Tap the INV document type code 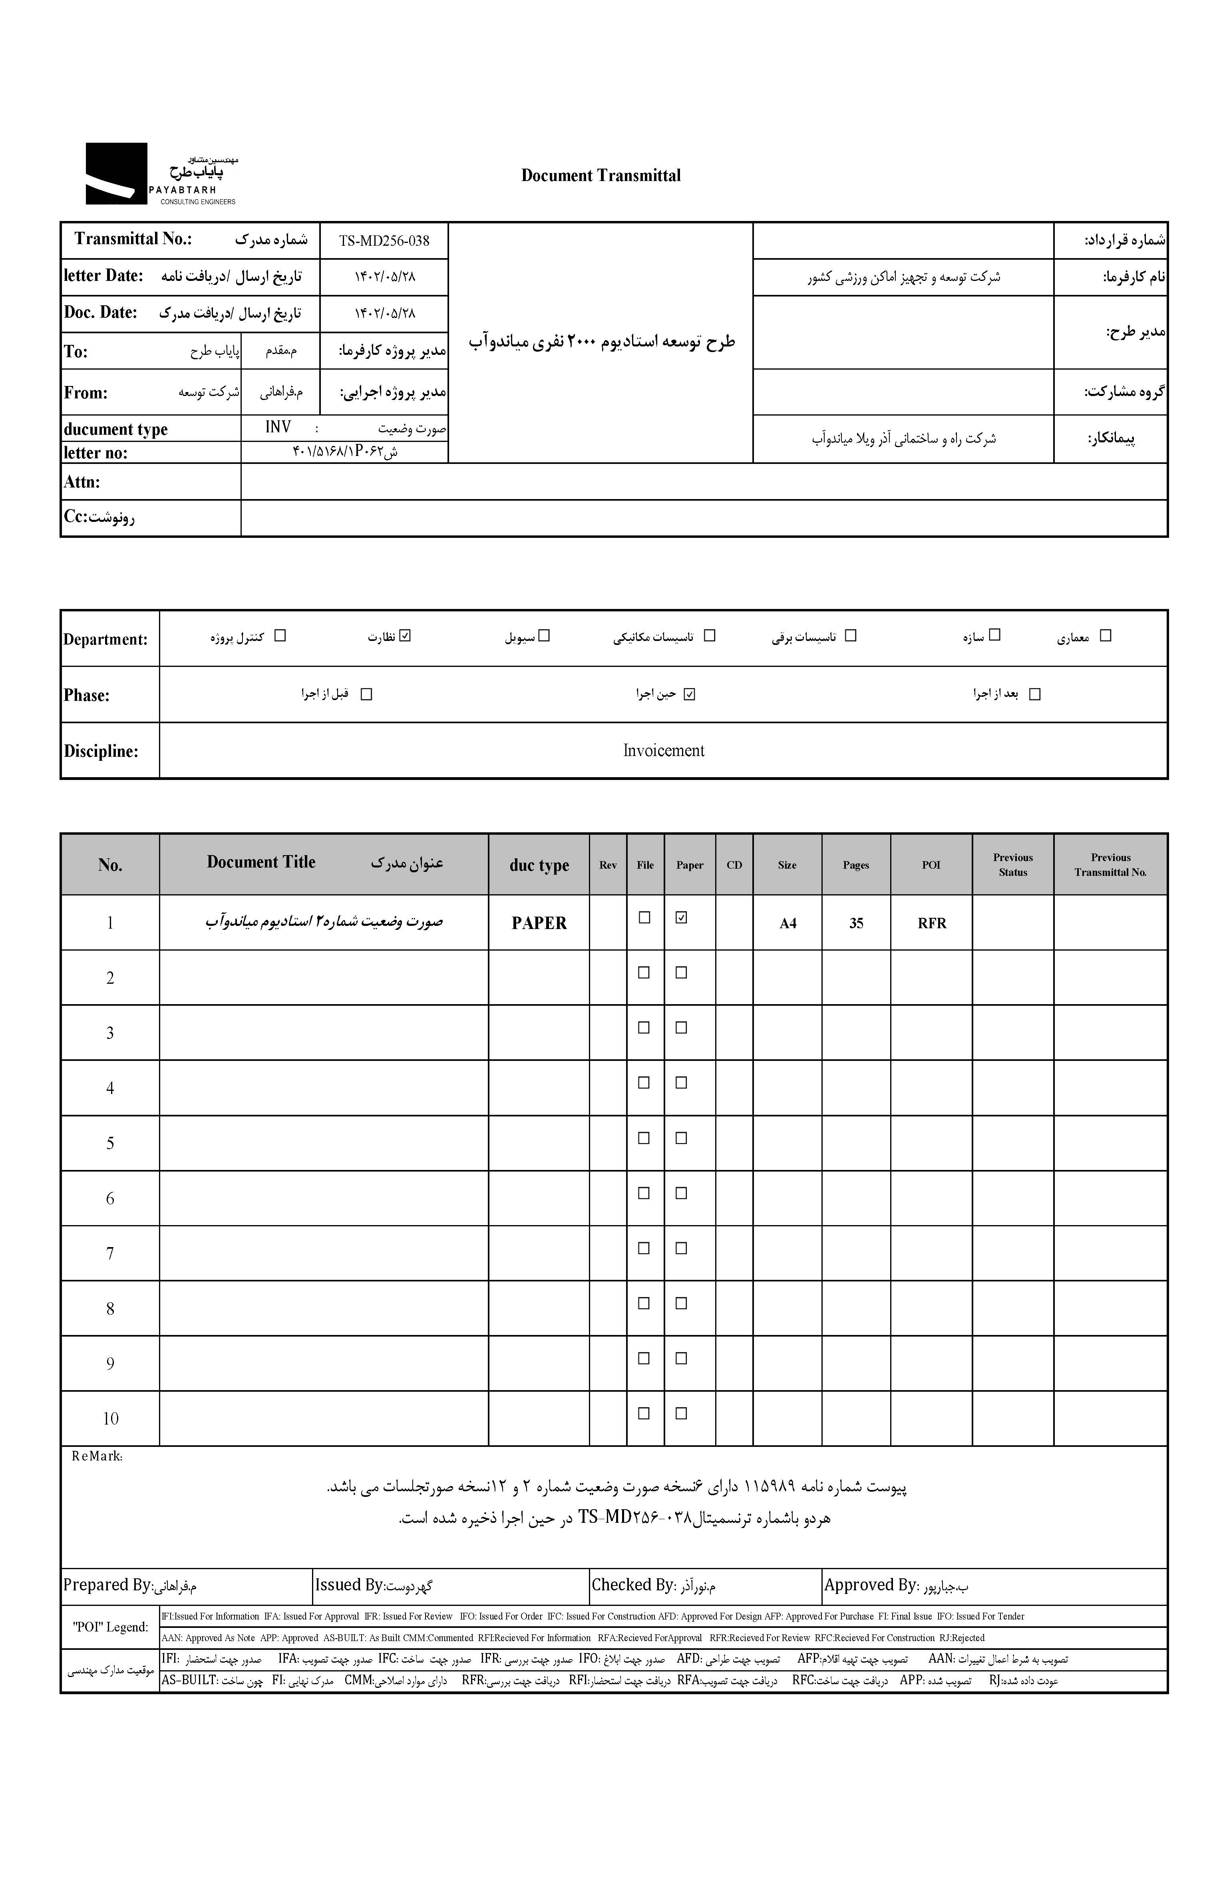click(278, 427)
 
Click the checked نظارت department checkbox click(406, 635)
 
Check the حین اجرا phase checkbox click(689, 694)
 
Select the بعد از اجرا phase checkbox click(1034, 694)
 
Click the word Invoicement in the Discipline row click(663, 750)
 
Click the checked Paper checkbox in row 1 click(680, 917)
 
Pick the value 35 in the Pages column click(856, 923)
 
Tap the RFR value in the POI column click(932, 923)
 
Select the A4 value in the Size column click(787, 923)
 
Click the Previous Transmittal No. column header click(1110, 865)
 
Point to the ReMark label click(97, 1456)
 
